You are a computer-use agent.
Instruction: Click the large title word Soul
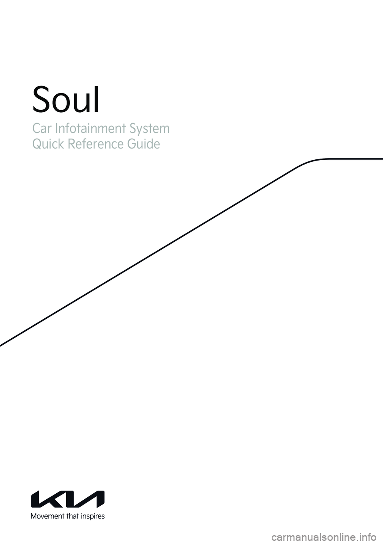pos(66,100)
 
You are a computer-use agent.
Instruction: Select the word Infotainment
pos(85,129)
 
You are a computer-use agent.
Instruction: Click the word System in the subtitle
pos(148,129)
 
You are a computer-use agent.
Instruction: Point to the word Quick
pos(47,144)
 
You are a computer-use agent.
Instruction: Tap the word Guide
pos(144,144)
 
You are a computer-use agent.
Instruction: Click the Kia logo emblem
pos(68,499)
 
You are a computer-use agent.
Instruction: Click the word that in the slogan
pos(74,516)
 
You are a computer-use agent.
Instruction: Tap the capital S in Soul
pos(41,100)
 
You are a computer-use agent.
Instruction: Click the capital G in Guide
pos(132,144)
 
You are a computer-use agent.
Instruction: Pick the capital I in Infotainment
pos(56,129)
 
